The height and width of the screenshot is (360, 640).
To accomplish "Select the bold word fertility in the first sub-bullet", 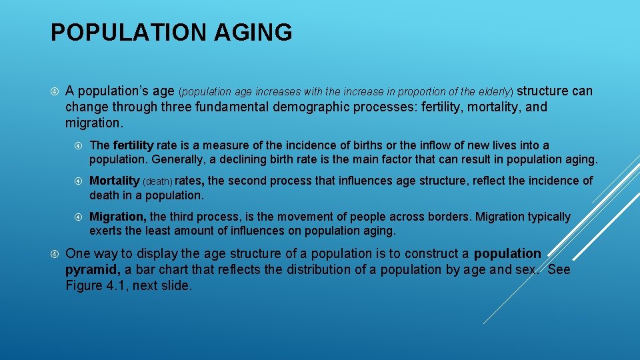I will pos(133,145).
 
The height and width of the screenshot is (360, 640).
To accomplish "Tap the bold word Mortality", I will pos(114,181).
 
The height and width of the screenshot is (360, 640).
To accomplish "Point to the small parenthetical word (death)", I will pos(157,181).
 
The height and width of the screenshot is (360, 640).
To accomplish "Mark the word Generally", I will pos(177,159).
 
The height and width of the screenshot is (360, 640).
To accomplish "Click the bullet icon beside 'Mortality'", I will pos(79,181).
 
